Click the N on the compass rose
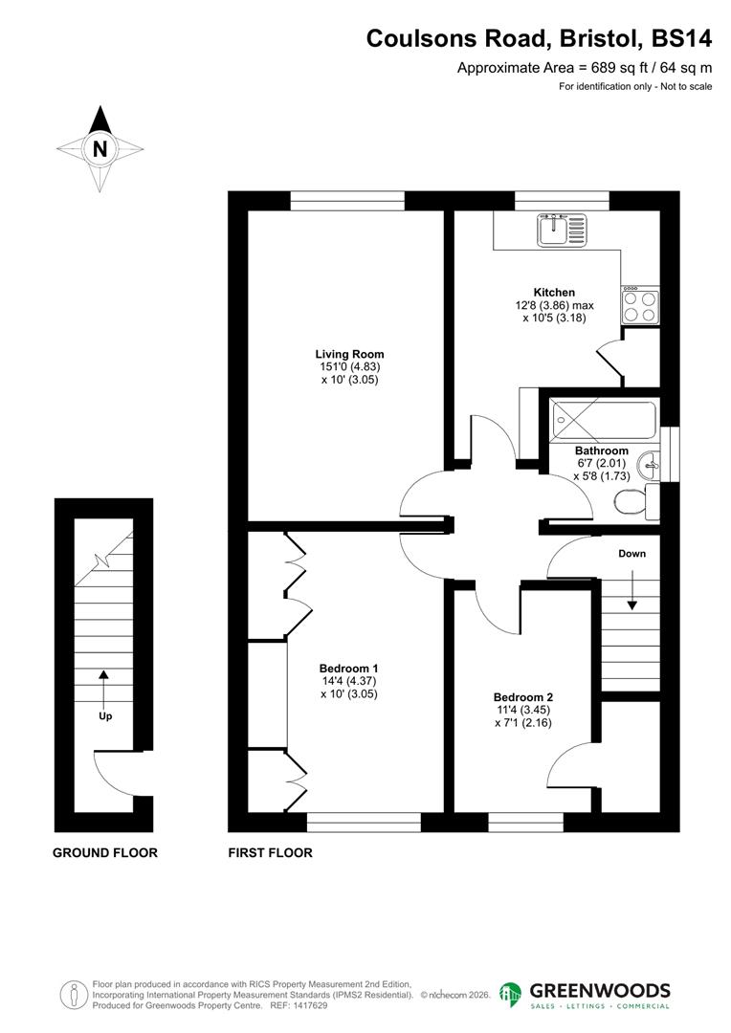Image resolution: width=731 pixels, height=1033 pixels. (100, 149)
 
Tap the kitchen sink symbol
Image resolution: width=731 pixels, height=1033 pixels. (565, 230)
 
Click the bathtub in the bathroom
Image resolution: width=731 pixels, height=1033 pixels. (603, 418)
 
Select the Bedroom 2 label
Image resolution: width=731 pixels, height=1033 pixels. (522, 697)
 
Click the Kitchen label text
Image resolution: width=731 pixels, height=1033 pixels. (554, 293)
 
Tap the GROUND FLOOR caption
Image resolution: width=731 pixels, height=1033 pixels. (104, 852)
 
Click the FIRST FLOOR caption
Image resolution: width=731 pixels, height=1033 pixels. (270, 852)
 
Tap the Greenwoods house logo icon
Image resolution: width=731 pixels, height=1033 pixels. (512, 994)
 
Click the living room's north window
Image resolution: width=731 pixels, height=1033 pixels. (348, 200)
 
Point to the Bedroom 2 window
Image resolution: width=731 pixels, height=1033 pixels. (512, 822)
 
